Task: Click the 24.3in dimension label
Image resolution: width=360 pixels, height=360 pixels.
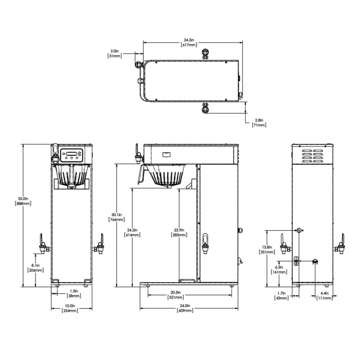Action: [189, 40]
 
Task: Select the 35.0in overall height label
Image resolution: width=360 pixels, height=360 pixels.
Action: [23, 199]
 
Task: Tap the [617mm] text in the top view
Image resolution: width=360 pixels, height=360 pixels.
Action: [189, 45]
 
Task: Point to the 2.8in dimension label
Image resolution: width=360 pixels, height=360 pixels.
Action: [259, 120]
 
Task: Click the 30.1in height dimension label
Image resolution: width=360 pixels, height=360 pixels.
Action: [117, 215]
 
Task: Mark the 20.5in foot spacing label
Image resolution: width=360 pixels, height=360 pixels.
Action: [176, 292]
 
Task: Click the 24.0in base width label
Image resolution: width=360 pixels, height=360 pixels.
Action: [185, 306]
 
